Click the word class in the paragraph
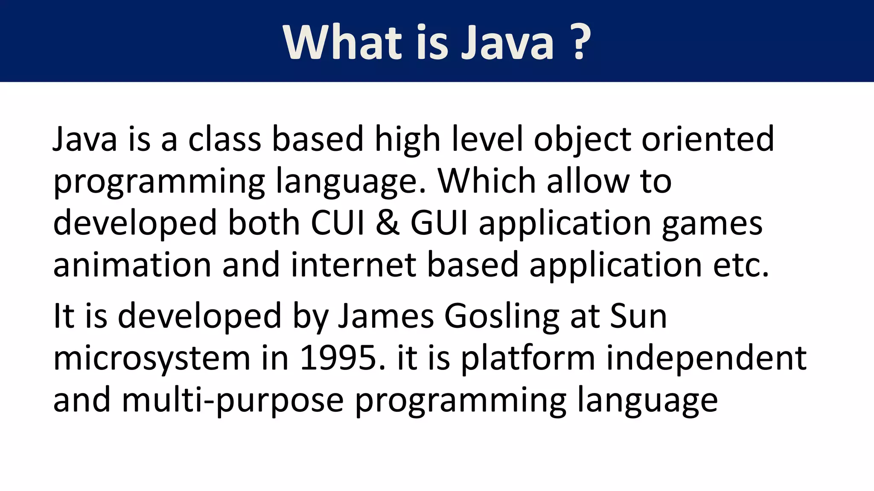pyautogui.click(x=224, y=139)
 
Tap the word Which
pyautogui.click(x=487, y=181)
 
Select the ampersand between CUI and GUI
pyautogui.click(x=388, y=222)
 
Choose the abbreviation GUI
pyautogui.click(x=439, y=222)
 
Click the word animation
pyautogui.click(x=132, y=264)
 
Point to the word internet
pyautogui.click(x=354, y=264)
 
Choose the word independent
pyautogui.click(x=706, y=358)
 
